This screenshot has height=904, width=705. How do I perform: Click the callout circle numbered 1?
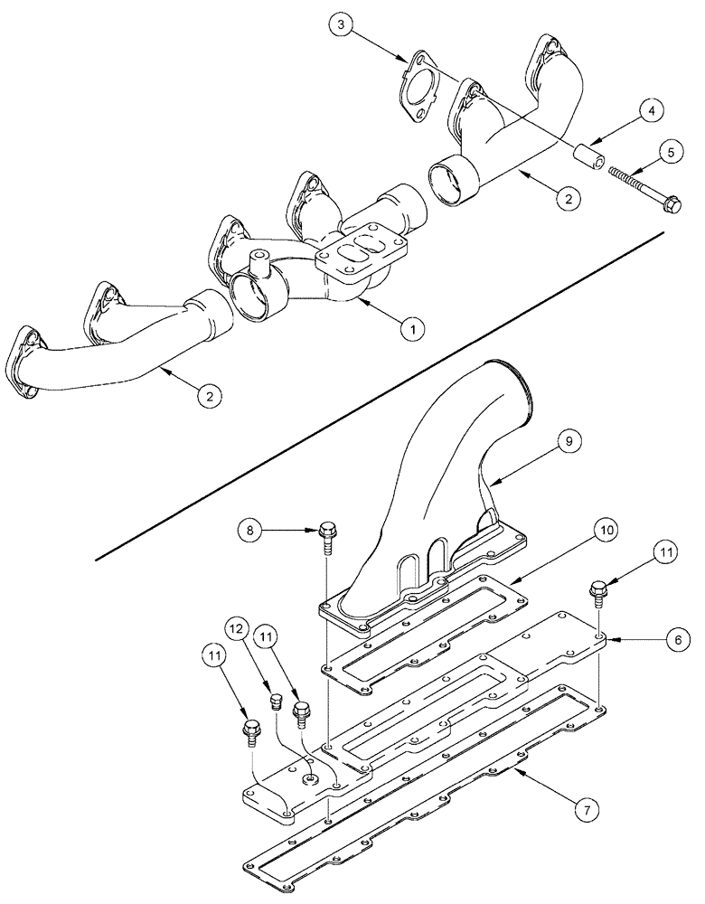tap(411, 331)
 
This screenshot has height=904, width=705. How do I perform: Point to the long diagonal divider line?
tap(380, 394)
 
